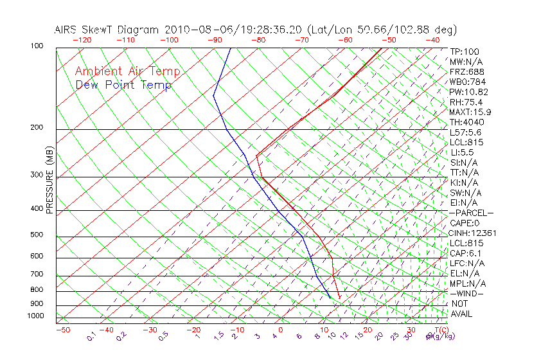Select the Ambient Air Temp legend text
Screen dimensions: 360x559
click(127, 71)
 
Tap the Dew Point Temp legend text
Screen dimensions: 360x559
click(123, 85)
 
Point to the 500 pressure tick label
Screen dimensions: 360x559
click(37, 235)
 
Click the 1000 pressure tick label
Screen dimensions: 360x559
click(35, 316)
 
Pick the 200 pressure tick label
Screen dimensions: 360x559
click(37, 127)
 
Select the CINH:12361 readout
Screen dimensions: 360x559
click(472, 233)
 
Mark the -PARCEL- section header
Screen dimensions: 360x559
click(471, 213)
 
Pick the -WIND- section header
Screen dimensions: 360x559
click(467, 294)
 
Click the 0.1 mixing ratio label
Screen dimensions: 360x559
click(91, 336)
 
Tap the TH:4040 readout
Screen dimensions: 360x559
click(467, 122)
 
